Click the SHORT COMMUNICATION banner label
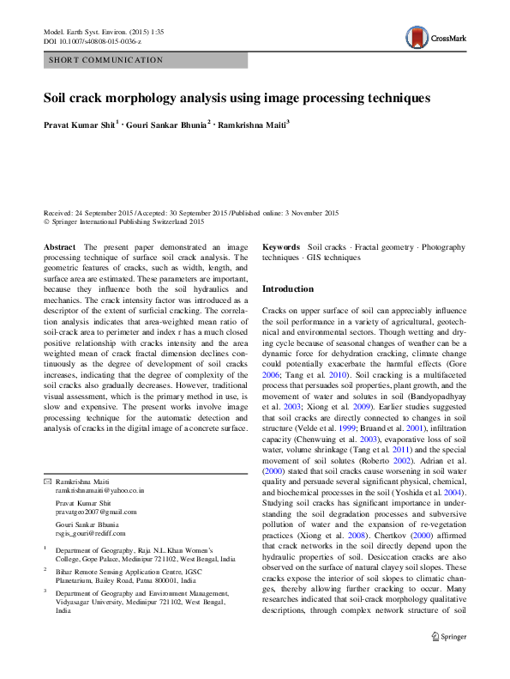coord(106,60)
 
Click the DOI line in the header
coord(92,40)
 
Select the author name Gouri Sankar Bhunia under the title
coord(167,124)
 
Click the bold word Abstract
coord(59,246)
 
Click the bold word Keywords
coord(281,246)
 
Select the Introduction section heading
coord(288,289)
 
